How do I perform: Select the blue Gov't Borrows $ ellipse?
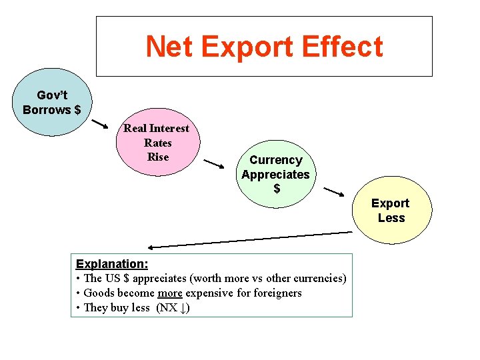tap(52, 103)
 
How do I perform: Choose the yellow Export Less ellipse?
tap(391, 210)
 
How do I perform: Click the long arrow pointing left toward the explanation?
tap(250, 239)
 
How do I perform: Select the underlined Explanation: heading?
tap(112, 264)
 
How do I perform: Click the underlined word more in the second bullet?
tap(169, 293)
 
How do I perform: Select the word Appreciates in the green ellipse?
tap(275, 175)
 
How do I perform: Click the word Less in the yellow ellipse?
tap(391, 218)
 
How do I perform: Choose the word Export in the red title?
tap(246, 47)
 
